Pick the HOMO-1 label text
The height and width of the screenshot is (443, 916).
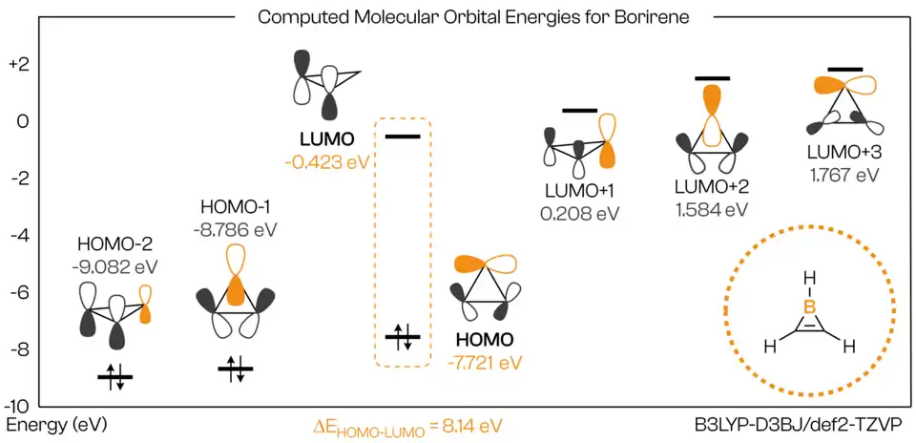point(236,207)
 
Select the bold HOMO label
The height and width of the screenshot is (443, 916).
point(485,340)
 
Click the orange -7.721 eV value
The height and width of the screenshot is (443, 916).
point(485,362)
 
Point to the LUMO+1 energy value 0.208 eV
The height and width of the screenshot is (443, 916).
point(580,214)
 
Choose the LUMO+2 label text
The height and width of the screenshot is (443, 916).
point(711,185)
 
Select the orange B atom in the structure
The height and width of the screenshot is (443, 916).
point(809,306)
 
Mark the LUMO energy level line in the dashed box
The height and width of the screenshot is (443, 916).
point(402,137)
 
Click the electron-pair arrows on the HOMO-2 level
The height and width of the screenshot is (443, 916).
point(115,377)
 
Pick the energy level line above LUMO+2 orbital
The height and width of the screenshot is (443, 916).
point(712,78)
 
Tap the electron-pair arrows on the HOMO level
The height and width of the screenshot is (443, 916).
point(403,336)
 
